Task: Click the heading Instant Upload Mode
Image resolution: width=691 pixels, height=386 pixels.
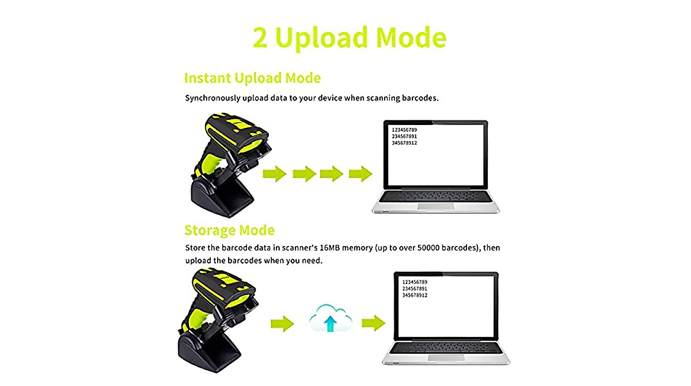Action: tap(252, 78)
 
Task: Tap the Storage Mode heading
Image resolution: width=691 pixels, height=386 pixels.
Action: tap(229, 230)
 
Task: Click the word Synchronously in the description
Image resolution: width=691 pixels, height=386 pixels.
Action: tap(214, 98)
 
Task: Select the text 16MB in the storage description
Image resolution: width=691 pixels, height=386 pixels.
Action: tap(330, 249)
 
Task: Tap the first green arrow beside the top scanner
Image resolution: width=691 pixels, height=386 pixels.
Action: tap(275, 173)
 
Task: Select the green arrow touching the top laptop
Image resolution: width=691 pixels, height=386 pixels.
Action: tap(361, 173)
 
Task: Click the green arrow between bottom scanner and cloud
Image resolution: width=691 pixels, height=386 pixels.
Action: tap(282, 323)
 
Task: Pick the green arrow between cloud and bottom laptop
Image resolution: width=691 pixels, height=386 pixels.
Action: tap(373, 323)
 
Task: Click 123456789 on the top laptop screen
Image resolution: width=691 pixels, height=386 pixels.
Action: tap(404, 130)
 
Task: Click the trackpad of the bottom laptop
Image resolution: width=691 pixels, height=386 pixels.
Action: tap(445, 357)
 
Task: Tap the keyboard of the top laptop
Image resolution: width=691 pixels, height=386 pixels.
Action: tap(434, 196)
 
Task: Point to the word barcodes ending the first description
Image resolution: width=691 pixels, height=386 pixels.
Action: tap(420, 98)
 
